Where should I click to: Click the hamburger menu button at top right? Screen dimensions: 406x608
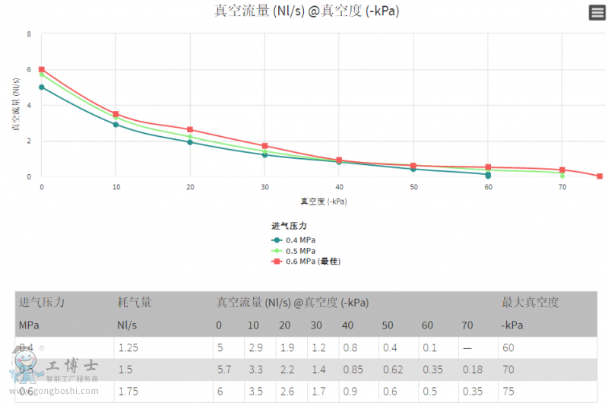click(597, 13)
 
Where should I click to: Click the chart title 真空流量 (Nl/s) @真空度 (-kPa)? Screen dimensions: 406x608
click(306, 11)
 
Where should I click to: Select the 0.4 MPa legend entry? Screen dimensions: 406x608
click(296, 240)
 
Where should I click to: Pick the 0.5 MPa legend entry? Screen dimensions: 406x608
click(296, 251)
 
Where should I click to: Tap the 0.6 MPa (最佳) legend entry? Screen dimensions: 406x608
click(307, 262)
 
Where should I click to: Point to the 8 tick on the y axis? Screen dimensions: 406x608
click(29, 34)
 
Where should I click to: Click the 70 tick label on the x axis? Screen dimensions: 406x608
click(562, 187)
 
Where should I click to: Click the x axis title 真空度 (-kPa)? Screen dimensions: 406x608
click(323, 201)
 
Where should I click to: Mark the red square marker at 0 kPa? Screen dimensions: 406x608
click(42, 70)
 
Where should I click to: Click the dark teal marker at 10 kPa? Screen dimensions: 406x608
click(116, 125)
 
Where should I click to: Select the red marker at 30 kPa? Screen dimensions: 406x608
click(264, 146)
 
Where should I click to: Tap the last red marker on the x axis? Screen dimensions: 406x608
click(600, 176)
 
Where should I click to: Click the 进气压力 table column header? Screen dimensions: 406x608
click(42, 303)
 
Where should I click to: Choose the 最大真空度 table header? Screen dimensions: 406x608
click(530, 303)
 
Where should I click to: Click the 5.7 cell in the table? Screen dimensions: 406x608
click(223, 370)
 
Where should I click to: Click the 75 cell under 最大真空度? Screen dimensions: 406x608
click(508, 392)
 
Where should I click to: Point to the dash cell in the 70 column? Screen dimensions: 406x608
click(467, 347)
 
